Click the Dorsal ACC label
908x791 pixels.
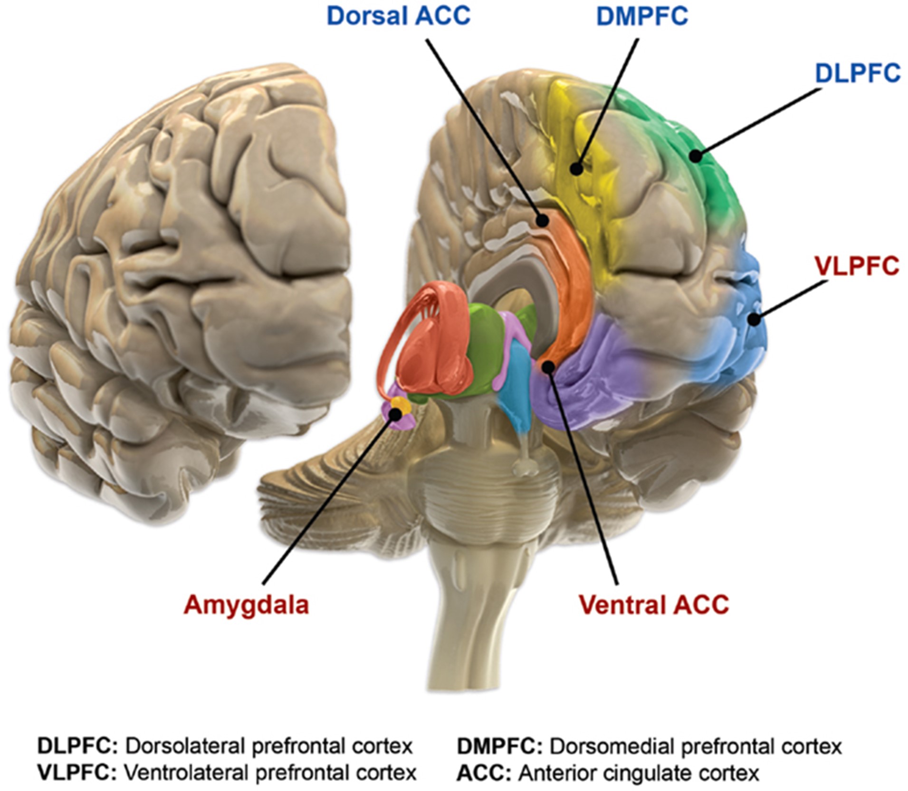pos(398,16)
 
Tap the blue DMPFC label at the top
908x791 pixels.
pos(642,16)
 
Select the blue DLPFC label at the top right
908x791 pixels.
pos(858,74)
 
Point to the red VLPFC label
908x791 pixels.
pos(857,266)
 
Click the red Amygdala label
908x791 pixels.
pos(246,605)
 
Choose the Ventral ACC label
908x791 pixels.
pos(654,605)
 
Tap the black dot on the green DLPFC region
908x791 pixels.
pos(696,155)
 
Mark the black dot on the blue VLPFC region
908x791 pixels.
pos(753,319)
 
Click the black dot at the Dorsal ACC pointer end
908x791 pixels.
pos(542,220)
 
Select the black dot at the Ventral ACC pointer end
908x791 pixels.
pos(548,367)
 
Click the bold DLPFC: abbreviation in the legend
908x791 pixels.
pos(77,746)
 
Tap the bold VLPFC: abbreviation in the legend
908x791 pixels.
pos(77,773)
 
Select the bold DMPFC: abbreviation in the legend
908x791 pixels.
pos(499,746)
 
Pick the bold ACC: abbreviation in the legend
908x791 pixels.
pos(484,773)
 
